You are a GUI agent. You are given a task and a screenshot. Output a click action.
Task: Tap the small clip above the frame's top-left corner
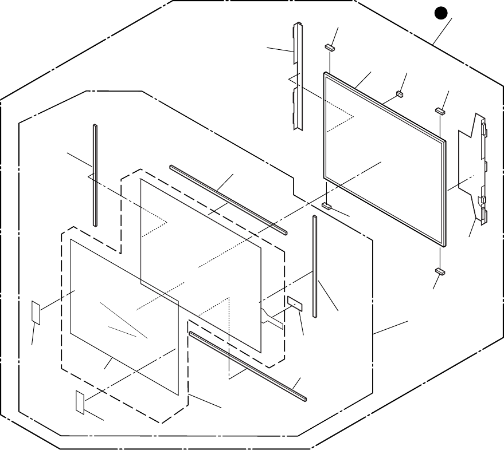coord(330,48)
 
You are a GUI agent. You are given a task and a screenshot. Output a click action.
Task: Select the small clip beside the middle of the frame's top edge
coord(400,92)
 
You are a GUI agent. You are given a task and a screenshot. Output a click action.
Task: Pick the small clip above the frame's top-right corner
coord(440,109)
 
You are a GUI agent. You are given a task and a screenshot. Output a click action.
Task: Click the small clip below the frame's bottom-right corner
coord(440,270)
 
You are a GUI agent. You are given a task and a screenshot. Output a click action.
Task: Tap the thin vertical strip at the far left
coord(95,175)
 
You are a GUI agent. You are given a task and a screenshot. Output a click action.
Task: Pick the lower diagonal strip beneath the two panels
coord(248,365)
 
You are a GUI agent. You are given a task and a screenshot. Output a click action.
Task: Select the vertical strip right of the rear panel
coord(315,266)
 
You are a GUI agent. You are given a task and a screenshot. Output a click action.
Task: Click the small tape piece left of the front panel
coord(36,313)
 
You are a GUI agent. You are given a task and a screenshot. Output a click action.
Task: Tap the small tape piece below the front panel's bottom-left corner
coord(79,402)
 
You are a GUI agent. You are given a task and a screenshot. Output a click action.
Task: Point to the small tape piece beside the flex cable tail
coord(295,303)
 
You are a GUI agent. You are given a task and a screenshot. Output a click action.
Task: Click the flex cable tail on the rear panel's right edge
coord(272,317)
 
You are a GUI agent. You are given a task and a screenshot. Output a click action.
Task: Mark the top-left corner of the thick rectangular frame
coord(326,74)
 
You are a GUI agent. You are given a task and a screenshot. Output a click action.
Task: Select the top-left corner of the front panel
coord(71,240)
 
